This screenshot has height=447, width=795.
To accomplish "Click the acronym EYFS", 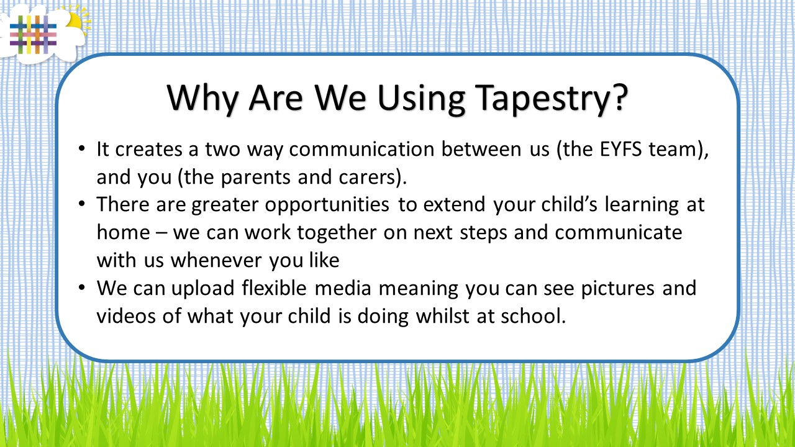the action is pos(620,149).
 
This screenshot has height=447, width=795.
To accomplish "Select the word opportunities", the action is pos(327,205).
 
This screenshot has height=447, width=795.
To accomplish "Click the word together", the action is pos(337,233).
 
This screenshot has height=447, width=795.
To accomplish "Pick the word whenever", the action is pos(217,260).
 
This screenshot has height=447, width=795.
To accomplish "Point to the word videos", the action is pos(126,316).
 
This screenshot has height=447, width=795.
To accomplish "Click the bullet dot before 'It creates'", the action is pos(82,148).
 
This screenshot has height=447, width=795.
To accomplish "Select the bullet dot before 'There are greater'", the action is pos(82,204).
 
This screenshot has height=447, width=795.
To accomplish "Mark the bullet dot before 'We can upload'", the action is pos(82,287).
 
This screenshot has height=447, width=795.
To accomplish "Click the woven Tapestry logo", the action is pos(33,35).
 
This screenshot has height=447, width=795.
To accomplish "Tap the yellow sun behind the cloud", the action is pos(78,20).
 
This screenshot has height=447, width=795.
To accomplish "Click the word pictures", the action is pos(617,289).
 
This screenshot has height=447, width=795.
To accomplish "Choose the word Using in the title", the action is pos(421,99).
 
